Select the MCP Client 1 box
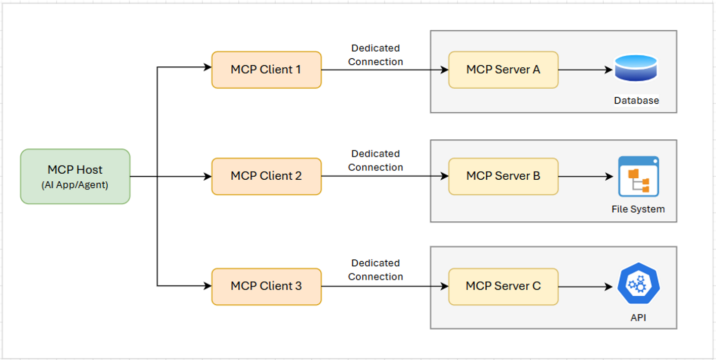click(266, 70)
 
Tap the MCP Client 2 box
click(266, 176)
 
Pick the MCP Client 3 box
click(266, 287)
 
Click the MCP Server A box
click(503, 70)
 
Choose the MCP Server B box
click(503, 176)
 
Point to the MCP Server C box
click(503, 287)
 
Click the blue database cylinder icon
click(636, 68)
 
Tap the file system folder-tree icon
click(638, 176)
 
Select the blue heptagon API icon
click(638, 284)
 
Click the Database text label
click(636, 100)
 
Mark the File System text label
click(638, 209)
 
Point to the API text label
click(638, 318)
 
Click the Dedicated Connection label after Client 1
click(375, 55)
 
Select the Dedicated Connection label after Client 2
click(375, 161)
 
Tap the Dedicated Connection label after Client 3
click(375, 270)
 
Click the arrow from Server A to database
click(585, 70)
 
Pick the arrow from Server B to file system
click(585, 177)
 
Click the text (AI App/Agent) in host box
click(75, 185)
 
